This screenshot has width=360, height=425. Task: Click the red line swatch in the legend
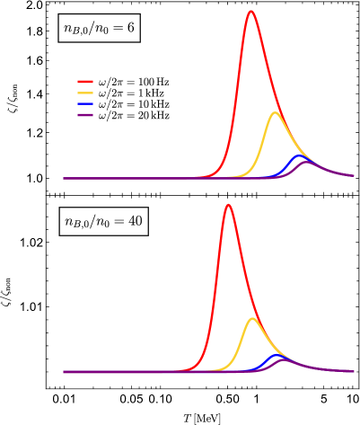tap(85, 82)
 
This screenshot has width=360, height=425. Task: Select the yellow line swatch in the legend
tap(85, 93)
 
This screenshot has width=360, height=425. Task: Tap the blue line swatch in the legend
tap(85, 104)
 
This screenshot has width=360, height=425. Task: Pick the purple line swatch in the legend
tap(85, 115)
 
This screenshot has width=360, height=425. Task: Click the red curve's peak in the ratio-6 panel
tap(250, 12)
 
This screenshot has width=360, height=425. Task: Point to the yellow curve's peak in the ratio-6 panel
tap(275, 113)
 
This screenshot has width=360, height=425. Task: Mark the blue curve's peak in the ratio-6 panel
tap(300, 155)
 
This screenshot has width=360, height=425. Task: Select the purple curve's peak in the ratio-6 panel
tap(307, 163)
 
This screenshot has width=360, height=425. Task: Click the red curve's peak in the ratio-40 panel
tap(228, 205)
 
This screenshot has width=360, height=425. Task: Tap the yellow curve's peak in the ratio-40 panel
tap(252, 319)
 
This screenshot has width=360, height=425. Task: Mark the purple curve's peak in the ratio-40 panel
tap(284, 360)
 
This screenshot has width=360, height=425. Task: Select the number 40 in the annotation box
tap(136, 221)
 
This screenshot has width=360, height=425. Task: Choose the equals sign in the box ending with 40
tap(119, 221)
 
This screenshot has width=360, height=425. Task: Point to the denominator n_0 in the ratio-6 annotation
tap(101, 31)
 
